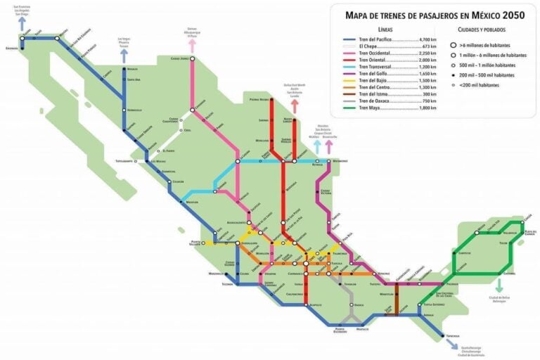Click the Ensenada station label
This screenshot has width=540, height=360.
click(x=11, y=49)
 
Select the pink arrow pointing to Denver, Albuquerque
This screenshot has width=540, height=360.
click(x=191, y=44)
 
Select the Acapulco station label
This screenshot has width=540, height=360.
click(x=316, y=305)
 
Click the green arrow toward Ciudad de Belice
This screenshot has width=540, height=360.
click(x=499, y=285)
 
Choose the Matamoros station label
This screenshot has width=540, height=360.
click(x=340, y=160)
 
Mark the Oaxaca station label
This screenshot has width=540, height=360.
click(x=359, y=304)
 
